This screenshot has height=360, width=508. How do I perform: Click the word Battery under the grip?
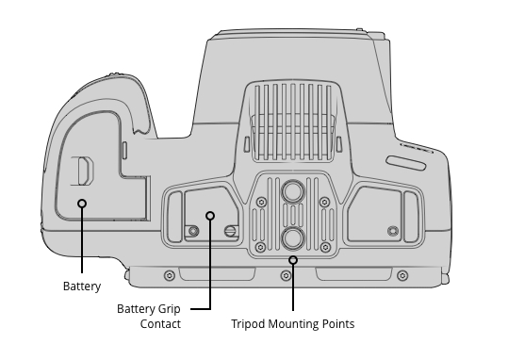click(x=82, y=286)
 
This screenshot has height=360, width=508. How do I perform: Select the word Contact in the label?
click(x=160, y=323)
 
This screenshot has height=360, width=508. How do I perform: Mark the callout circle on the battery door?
click(x=82, y=204)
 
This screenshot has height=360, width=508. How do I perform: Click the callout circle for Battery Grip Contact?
click(x=210, y=216)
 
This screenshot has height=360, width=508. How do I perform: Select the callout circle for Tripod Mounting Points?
click(x=293, y=260)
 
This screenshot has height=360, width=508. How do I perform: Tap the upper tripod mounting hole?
click(x=293, y=191)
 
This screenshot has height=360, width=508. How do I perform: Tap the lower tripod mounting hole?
click(x=293, y=238)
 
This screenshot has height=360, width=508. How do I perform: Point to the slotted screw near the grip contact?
click(x=230, y=231)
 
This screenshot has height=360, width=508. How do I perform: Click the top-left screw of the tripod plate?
click(x=261, y=203)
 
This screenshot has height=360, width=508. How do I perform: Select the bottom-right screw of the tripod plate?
click(x=325, y=248)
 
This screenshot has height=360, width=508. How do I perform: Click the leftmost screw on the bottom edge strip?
click(x=170, y=276)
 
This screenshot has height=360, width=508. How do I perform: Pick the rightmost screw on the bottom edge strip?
click(x=402, y=276)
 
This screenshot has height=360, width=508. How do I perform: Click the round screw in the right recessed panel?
click(x=393, y=231)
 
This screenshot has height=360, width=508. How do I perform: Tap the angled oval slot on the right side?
click(x=406, y=163)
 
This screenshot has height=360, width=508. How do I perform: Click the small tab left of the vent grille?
click(x=247, y=144)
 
